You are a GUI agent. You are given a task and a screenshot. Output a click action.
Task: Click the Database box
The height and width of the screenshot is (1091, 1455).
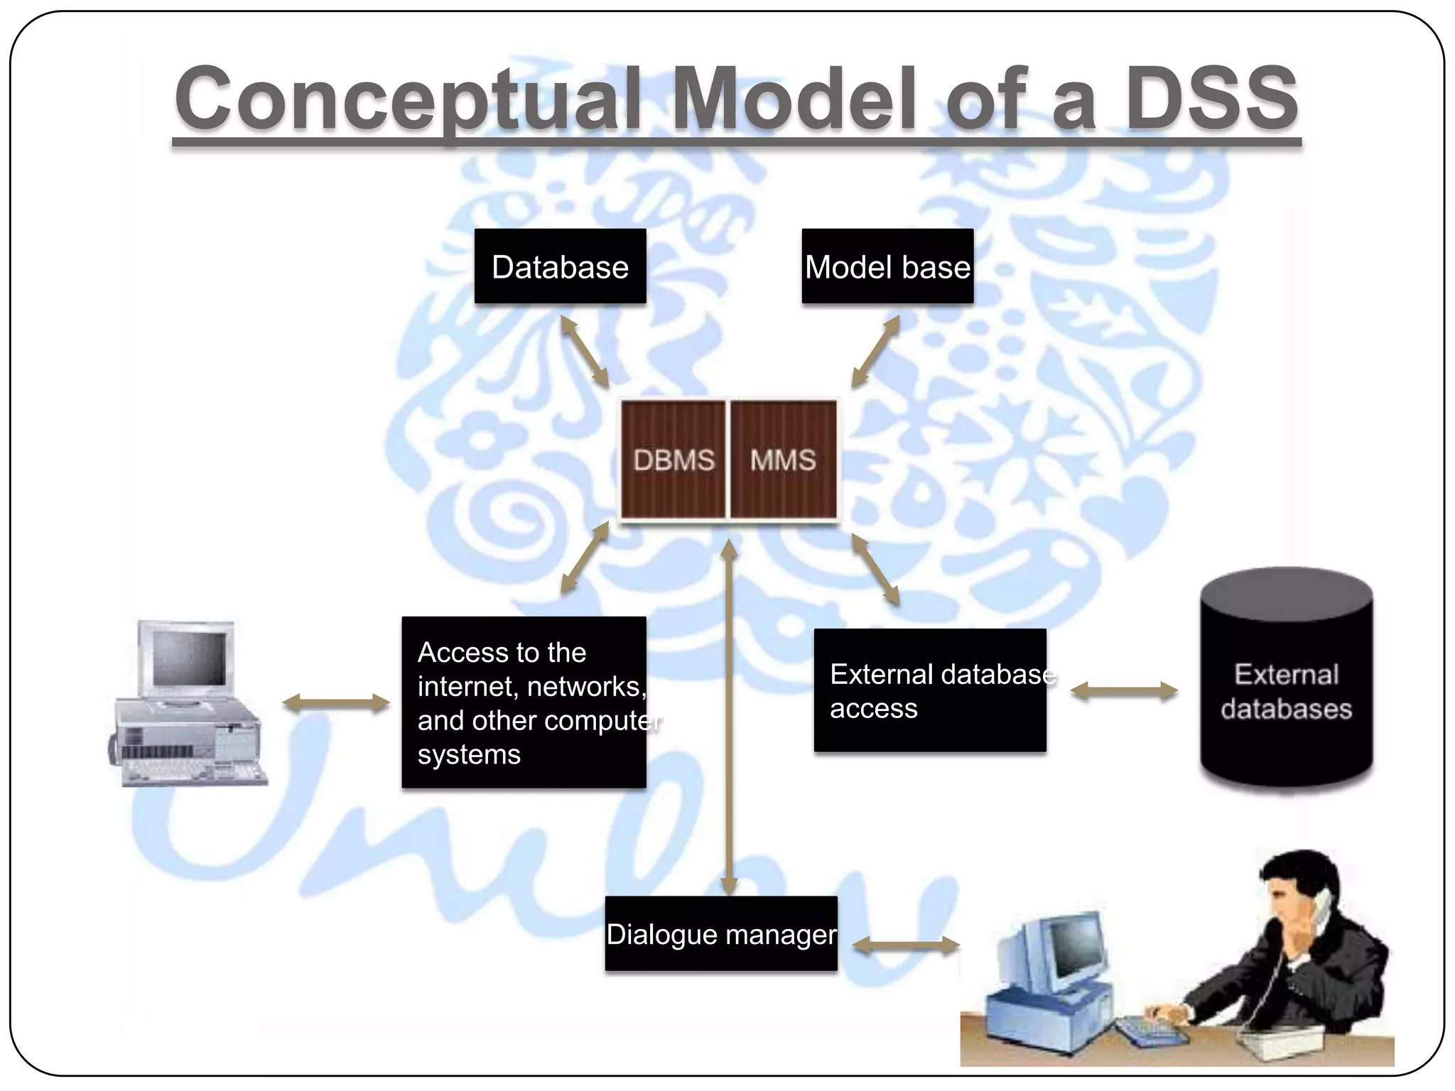click(560, 266)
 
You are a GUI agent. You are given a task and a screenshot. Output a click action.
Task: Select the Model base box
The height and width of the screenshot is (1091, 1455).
click(887, 266)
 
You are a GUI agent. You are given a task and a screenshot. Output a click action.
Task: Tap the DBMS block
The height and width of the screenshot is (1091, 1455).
click(673, 460)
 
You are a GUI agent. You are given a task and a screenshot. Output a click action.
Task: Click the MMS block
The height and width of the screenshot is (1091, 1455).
click(784, 460)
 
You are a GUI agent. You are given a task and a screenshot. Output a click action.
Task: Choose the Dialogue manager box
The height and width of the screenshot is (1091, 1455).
click(720, 933)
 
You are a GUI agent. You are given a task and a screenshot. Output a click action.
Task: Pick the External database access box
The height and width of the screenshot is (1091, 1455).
click(929, 690)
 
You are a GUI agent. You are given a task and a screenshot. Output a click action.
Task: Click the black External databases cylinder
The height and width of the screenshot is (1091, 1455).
click(1286, 682)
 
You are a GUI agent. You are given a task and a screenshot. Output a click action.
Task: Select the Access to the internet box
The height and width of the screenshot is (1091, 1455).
click(524, 702)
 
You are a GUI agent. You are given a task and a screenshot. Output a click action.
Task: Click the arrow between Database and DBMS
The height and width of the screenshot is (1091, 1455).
click(585, 352)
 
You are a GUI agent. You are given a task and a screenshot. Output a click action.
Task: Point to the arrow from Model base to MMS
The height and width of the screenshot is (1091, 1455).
click(875, 352)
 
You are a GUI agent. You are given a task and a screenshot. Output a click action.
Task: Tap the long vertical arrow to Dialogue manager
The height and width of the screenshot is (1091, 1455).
click(729, 717)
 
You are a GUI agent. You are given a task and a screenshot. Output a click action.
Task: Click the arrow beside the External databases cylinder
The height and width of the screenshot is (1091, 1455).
click(1124, 691)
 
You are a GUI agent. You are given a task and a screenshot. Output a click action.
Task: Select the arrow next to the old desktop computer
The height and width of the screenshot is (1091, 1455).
click(336, 704)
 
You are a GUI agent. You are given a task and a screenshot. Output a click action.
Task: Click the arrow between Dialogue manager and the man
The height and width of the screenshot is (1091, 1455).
click(906, 945)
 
